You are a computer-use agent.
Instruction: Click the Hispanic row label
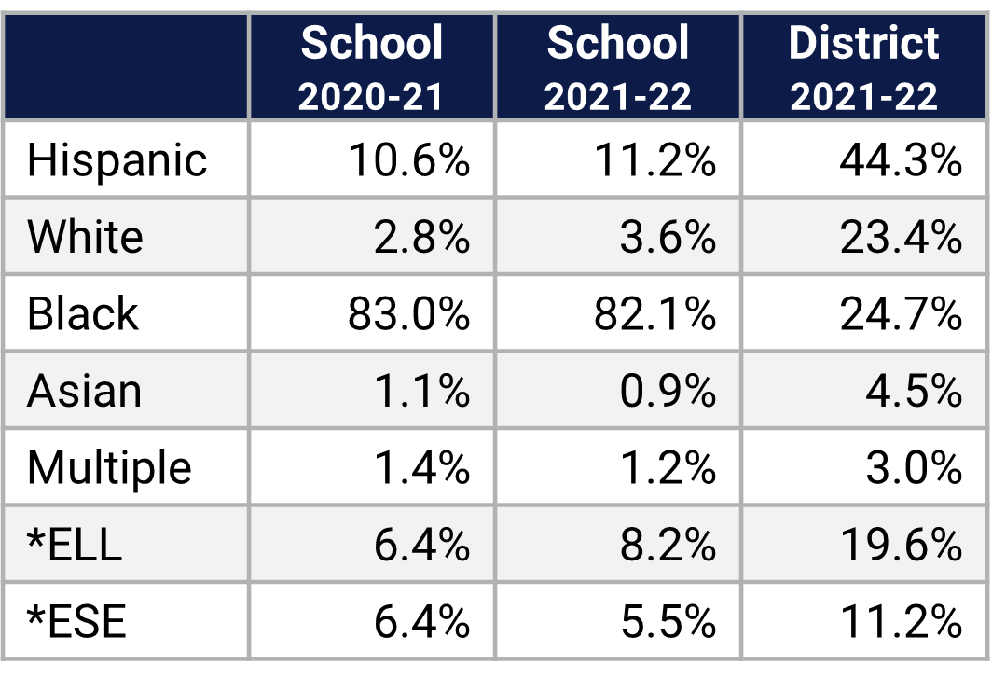click(x=117, y=160)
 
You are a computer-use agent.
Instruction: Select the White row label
click(x=85, y=237)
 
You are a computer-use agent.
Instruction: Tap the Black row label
click(x=82, y=313)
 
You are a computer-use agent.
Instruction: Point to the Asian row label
click(x=84, y=391)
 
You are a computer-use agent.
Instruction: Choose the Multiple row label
click(x=109, y=467)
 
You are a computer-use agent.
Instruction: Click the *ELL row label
click(x=75, y=544)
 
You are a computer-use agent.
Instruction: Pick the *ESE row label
click(x=76, y=621)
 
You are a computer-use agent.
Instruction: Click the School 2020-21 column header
click(x=371, y=67)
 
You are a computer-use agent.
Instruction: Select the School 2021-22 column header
click(x=617, y=67)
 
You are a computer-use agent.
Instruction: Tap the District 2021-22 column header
click(x=864, y=67)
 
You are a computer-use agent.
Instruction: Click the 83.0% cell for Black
click(x=408, y=314)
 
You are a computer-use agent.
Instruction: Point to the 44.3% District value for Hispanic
click(x=900, y=160)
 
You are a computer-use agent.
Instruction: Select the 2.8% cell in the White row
click(x=421, y=237)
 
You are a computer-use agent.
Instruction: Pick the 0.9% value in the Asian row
click(x=668, y=391)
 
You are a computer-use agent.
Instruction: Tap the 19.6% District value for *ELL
click(x=900, y=544)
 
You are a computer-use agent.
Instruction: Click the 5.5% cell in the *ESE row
click(x=668, y=621)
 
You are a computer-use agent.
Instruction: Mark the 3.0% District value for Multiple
click(x=913, y=467)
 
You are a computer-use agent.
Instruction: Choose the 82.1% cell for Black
click(x=654, y=314)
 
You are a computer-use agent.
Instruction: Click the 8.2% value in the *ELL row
click(x=668, y=544)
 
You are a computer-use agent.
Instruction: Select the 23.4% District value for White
click(x=900, y=237)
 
